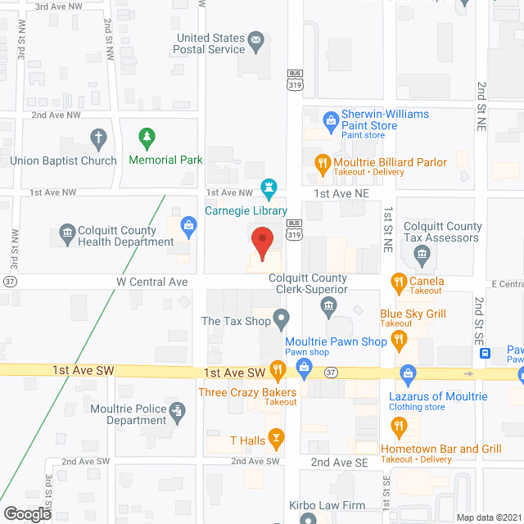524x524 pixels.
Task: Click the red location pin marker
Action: [x=261, y=243]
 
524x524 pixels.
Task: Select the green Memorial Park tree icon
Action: [x=147, y=136]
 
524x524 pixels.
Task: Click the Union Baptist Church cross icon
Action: [x=98, y=138]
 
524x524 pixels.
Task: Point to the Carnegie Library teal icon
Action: [x=267, y=187]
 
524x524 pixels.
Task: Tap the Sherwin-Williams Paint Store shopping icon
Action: [x=331, y=120]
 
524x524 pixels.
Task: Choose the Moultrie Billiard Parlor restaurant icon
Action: [x=323, y=162]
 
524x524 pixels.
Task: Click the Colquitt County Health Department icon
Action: [x=65, y=237]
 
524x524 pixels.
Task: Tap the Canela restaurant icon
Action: [x=399, y=282]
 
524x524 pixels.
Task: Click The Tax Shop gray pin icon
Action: [x=281, y=316]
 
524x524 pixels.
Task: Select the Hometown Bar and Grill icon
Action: [x=399, y=425]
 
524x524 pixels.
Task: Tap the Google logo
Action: [x=26, y=513]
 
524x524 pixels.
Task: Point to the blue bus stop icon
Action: [x=486, y=354]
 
